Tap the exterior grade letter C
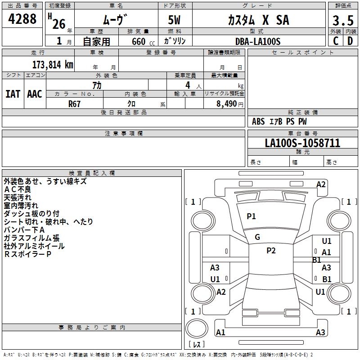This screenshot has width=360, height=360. click(335, 40)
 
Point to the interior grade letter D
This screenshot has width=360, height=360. click(350, 40)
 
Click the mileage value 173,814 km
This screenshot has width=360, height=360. click(53, 64)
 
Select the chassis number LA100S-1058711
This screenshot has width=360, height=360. click(302, 143)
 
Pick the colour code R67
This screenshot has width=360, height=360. click(74, 103)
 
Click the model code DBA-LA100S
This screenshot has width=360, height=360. click(257, 41)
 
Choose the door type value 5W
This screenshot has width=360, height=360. click(175, 21)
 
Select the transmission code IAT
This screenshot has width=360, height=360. click(13, 94)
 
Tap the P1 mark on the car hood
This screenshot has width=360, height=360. click(251, 216)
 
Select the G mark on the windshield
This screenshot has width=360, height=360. click(257, 237)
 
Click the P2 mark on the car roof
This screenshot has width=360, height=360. click(271, 251)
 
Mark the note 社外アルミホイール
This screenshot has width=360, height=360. click(34, 246)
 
